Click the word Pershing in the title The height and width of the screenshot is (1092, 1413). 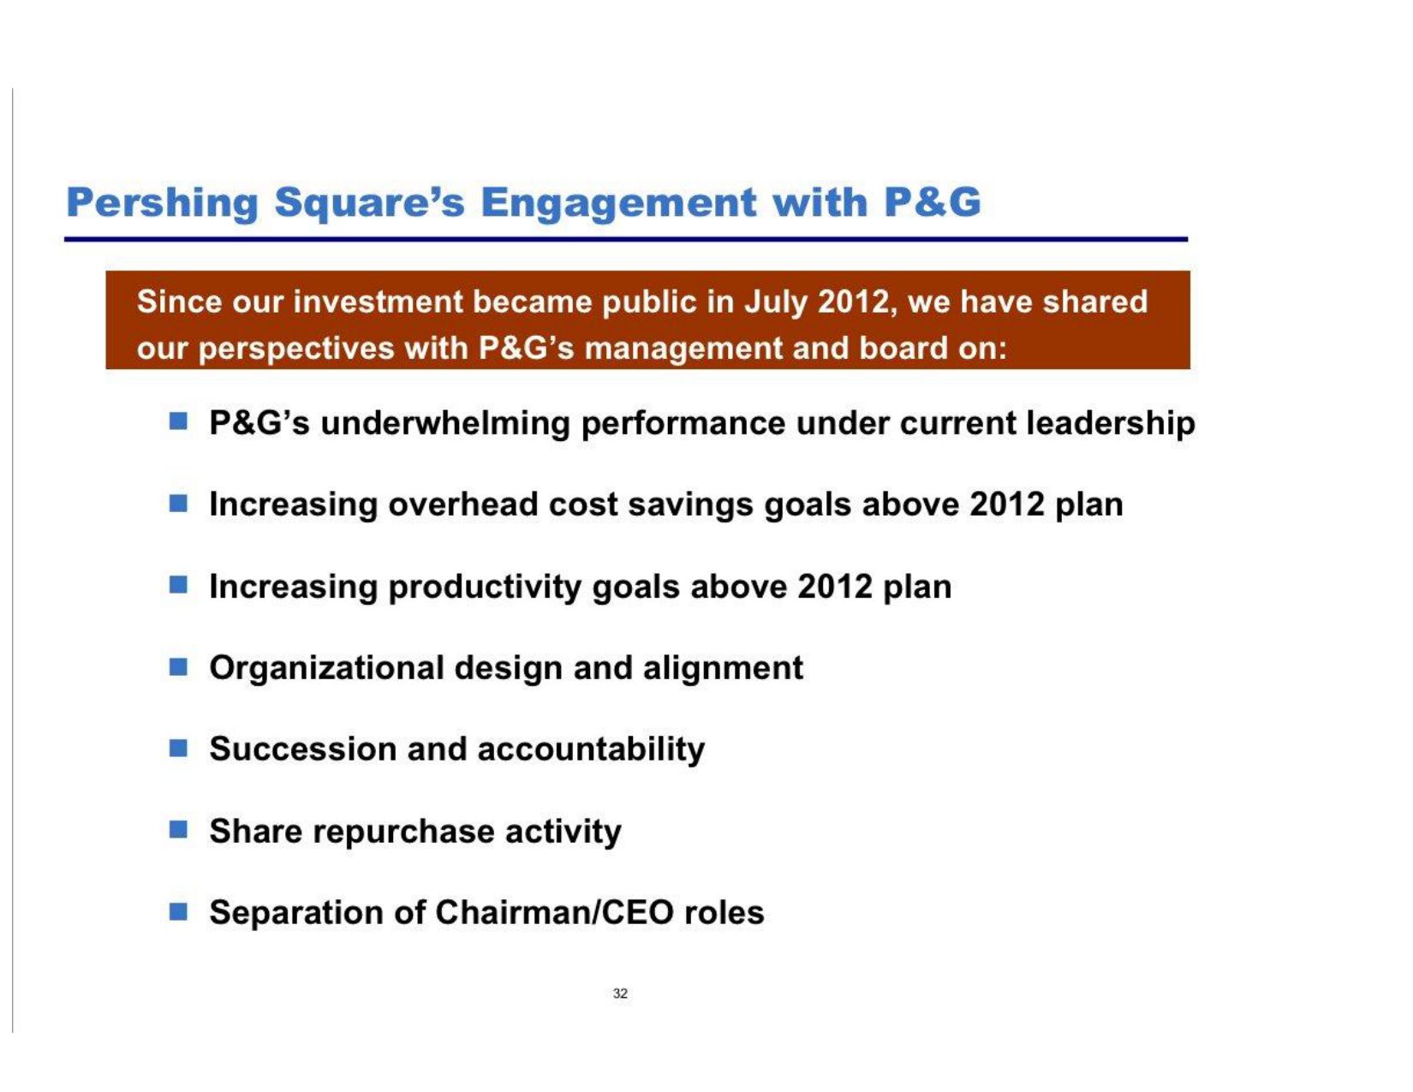click(163, 203)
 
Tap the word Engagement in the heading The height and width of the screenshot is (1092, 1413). click(618, 203)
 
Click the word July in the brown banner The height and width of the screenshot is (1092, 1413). click(775, 303)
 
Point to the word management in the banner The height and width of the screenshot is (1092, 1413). click(683, 349)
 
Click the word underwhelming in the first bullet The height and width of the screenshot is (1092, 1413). click(445, 424)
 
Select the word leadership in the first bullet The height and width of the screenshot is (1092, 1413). click(1111, 424)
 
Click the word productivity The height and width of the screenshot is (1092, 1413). click(485, 588)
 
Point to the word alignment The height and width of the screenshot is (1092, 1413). click(723, 669)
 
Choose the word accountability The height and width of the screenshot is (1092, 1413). click(591, 751)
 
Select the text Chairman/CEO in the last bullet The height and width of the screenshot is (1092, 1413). click(555, 912)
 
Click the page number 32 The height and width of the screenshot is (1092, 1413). click(620, 994)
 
